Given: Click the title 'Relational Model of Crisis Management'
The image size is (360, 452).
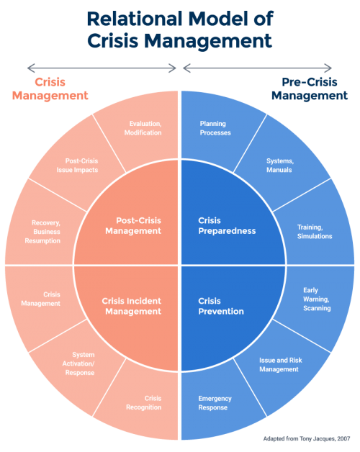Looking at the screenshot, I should click(x=179, y=29).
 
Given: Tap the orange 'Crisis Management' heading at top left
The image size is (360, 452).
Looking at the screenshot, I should click(x=50, y=89).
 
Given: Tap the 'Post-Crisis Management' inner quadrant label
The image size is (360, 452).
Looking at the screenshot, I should click(x=132, y=225).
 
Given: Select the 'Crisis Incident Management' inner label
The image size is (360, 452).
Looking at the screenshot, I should click(x=132, y=306).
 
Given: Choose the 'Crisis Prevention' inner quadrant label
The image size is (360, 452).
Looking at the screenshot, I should click(x=220, y=306).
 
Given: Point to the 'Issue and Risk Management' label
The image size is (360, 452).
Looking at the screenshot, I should click(x=278, y=364).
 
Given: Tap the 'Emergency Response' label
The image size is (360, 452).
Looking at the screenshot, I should click(x=212, y=403).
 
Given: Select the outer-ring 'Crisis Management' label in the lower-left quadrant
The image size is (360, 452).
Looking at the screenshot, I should click(x=52, y=299).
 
